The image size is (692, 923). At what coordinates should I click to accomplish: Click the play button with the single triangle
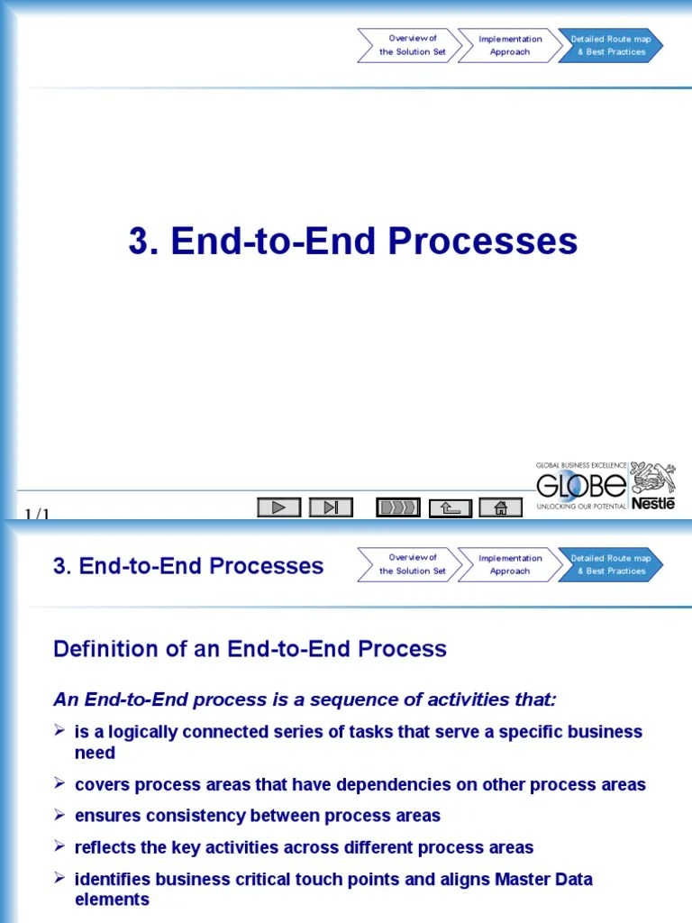[278, 507]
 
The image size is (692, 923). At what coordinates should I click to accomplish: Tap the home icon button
[501, 507]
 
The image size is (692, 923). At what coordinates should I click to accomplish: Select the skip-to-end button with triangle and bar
[331, 507]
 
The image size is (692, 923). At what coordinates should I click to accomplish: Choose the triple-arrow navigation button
[397, 507]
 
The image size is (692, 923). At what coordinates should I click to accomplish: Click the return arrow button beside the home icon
[450, 508]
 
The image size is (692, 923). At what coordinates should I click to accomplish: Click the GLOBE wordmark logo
[581, 487]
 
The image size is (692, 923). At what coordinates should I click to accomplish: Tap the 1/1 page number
[37, 515]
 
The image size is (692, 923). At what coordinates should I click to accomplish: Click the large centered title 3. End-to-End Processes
[352, 242]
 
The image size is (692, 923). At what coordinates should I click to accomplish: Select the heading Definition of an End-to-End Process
[250, 649]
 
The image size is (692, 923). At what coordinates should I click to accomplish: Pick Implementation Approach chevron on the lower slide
[509, 564]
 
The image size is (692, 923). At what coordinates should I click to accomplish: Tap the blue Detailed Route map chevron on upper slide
[611, 45]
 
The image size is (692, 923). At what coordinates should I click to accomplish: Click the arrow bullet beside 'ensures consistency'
[59, 815]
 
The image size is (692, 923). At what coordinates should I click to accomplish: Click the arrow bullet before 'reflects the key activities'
[59, 846]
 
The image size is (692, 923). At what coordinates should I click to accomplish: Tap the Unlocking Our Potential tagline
[581, 507]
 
